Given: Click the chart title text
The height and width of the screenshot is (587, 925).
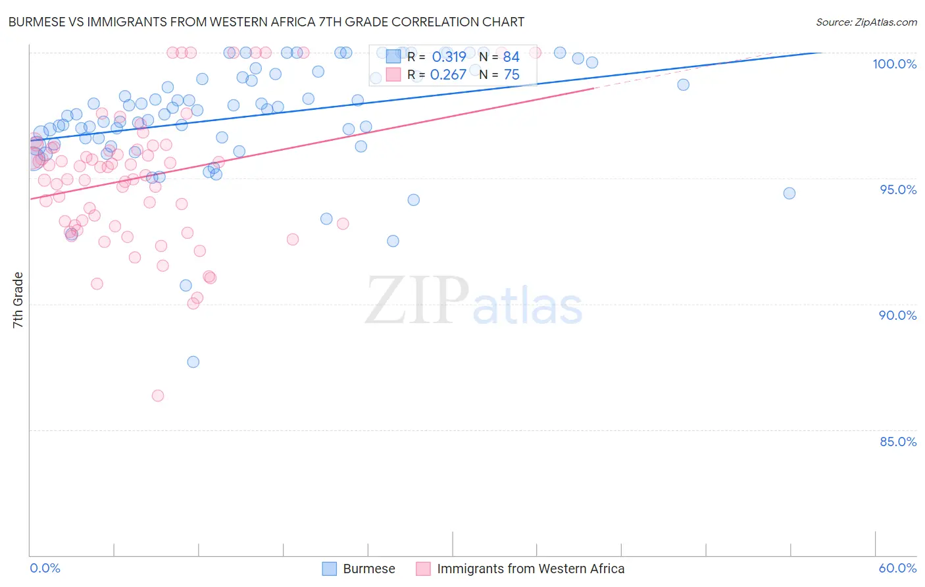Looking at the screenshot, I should pyautogui.click(x=266, y=22).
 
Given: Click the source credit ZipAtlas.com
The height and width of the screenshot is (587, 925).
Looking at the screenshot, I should pyautogui.click(x=866, y=22).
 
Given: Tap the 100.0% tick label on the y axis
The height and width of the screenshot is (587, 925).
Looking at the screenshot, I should pyautogui.click(x=894, y=64).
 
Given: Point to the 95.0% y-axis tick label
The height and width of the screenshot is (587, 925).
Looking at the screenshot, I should pyautogui.click(x=898, y=190).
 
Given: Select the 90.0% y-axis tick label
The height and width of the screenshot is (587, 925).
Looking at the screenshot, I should pyautogui.click(x=897, y=315).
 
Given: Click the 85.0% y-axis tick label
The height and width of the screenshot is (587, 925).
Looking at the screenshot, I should pyautogui.click(x=897, y=442).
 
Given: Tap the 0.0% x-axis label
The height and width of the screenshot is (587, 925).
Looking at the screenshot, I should pyautogui.click(x=45, y=568).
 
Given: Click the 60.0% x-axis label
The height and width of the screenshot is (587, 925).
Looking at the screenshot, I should pyautogui.click(x=897, y=568).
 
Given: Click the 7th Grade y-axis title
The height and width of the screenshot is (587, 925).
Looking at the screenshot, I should pyautogui.click(x=18, y=300).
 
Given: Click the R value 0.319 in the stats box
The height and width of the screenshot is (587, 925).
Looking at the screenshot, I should pyautogui.click(x=449, y=57).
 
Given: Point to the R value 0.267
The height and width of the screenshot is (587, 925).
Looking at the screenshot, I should pyautogui.click(x=448, y=75).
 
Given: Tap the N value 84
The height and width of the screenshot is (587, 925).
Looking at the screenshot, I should pyautogui.click(x=511, y=57).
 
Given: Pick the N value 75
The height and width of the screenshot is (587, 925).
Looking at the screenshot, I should pyautogui.click(x=511, y=75).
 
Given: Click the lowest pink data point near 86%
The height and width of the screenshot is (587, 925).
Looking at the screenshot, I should pyautogui.click(x=158, y=396).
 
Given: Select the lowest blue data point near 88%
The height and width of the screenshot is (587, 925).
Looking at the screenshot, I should pyautogui.click(x=193, y=362).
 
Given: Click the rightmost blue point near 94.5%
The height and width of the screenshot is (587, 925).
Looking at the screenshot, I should pyautogui.click(x=789, y=193).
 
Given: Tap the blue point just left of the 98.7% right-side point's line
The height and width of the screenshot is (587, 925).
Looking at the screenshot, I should pyautogui.click(x=683, y=85).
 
